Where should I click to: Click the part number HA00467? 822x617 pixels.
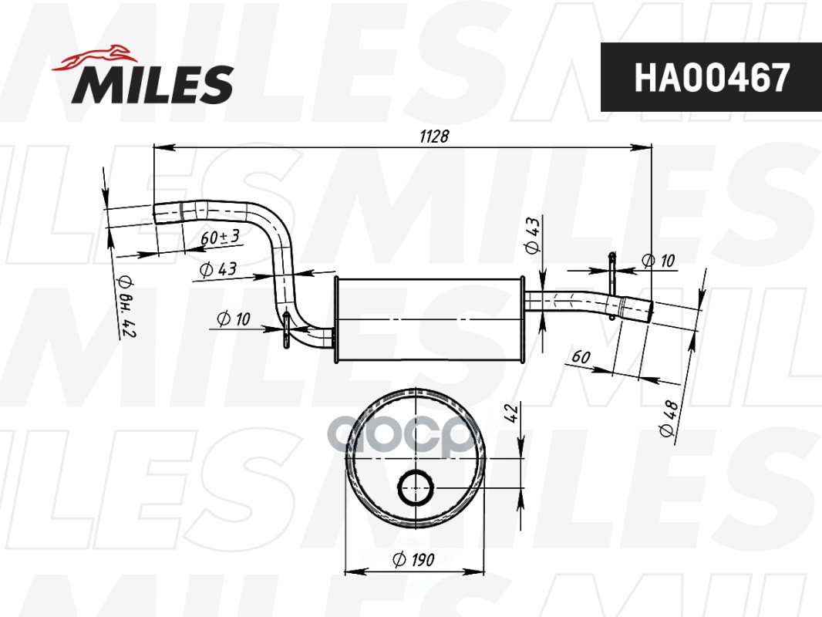tap(711, 77)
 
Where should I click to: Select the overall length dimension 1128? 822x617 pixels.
tap(434, 135)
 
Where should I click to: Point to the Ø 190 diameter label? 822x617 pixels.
tap(413, 560)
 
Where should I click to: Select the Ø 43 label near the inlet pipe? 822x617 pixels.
tap(217, 269)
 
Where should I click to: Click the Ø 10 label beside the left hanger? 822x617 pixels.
tap(234, 319)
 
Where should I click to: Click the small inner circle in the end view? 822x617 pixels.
tap(416, 486)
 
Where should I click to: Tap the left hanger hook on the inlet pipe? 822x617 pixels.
tap(285, 327)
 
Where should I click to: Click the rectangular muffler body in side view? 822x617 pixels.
tap(429, 318)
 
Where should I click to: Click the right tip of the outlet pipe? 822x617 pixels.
tap(649, 311)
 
